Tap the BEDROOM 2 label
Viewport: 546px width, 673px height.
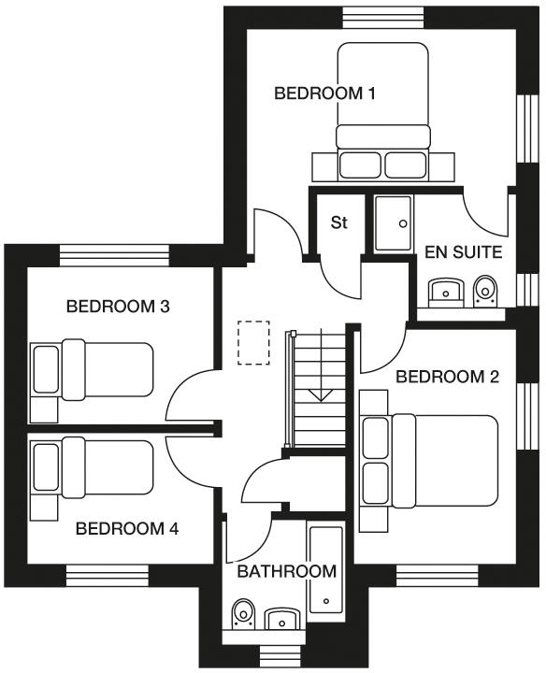(x=447, y=377)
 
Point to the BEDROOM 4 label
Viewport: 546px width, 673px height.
(x=126, y=528)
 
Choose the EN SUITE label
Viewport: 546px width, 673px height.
(x=464, y=252)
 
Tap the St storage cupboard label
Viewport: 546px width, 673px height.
(x=339, y=223)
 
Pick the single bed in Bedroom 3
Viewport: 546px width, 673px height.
(x=93, y=369)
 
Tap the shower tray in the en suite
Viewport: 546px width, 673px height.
(x=393, y=223)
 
